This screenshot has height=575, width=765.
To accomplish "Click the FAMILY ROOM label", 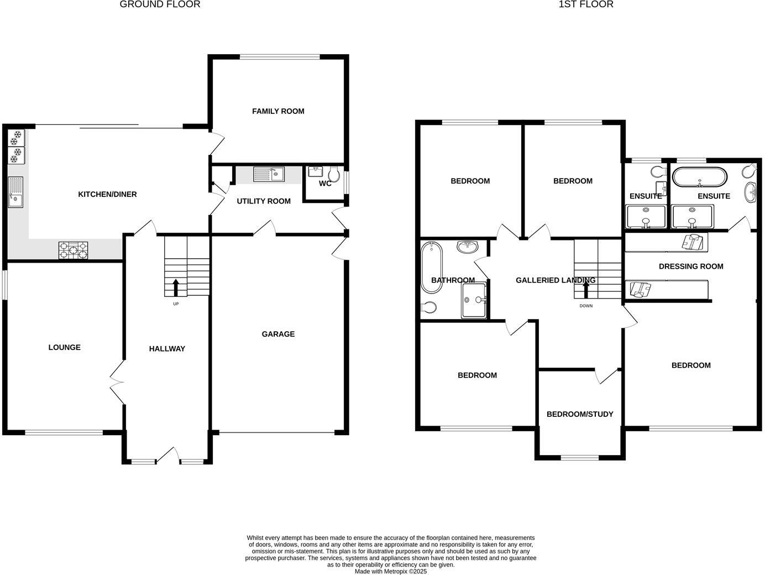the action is [x=278, y=111].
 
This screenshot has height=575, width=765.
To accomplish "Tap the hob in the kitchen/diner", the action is [x=73, y=250].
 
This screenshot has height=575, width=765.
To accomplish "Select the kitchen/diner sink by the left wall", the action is [x=15, y=192].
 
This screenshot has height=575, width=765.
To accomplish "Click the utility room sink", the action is [x=269, y=174].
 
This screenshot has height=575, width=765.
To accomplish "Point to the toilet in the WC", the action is [x=334, y=174].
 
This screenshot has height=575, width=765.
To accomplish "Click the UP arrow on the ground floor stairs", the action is [x=176, y=287].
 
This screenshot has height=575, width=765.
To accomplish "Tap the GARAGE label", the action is [x=278, y=334].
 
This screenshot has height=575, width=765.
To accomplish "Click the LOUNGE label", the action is [x=65, y=347].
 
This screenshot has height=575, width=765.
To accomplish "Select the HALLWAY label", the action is [x=167, y=348].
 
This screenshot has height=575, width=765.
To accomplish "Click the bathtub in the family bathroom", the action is [x=432, y=267].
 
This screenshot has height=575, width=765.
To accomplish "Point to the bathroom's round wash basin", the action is [x=468, y=247].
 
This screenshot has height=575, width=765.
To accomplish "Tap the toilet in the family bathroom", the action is [x=428, y=307].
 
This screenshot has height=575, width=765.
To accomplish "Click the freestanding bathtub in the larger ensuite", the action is [x=700, y=177].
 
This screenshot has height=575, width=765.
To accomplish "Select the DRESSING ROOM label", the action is [x=691, y=266].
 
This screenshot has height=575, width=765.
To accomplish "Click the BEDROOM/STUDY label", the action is [x=580, y=414].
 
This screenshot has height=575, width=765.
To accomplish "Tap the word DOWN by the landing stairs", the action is [x=586, y=306].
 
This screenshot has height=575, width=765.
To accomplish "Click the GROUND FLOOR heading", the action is [x=160, y=4].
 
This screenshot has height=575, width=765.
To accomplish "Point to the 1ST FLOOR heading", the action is [x=586, y=4].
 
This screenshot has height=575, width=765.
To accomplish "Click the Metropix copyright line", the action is [x=390, y=572].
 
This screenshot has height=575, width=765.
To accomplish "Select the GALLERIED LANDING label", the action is [x=556, y=280].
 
